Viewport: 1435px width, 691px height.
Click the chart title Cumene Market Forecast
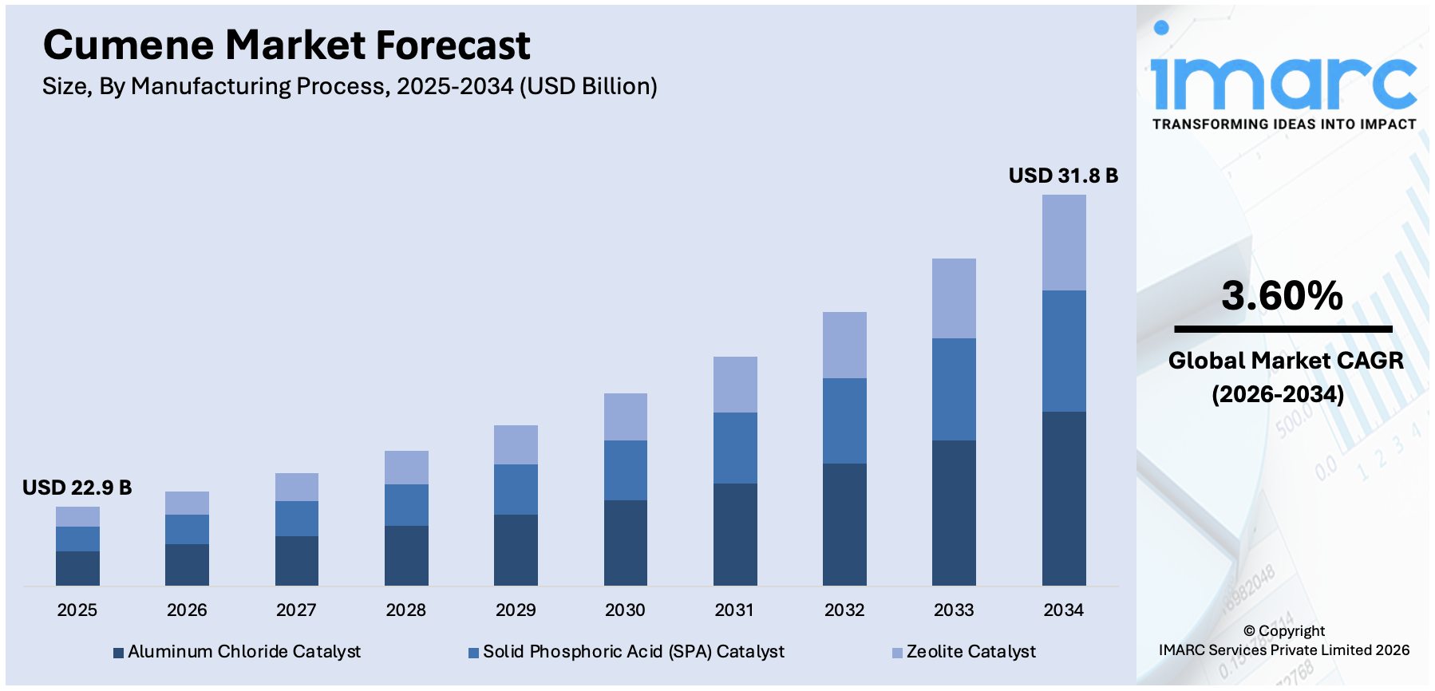(x=287, y=45)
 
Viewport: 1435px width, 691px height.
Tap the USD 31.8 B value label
(x=1063, y=176)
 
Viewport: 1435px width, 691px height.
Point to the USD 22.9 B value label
(x=77, y=488)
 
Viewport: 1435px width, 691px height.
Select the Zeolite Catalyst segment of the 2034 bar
(x=1064, y=243)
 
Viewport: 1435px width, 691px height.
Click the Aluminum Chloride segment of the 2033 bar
(x=954, y=512)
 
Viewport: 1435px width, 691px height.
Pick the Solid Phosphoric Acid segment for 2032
(x=844, y=421)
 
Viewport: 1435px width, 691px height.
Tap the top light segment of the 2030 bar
(x=625, y=417)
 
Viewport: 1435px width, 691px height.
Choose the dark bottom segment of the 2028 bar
(x=406, y=555)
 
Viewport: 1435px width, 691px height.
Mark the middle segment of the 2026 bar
(x=187, y=529)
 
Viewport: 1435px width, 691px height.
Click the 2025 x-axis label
(x=77, y=610)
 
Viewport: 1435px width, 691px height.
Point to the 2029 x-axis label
(x=516, y=610)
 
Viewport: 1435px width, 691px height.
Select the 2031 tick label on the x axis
(x=734, y=610)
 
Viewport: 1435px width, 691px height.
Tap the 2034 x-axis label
(x=1064, y=610)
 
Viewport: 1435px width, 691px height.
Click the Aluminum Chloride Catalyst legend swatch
(x=118, y=653)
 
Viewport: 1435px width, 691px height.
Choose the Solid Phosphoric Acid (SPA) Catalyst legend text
(x=634, y=652)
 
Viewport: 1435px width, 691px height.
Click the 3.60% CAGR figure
(x=1282, y=296)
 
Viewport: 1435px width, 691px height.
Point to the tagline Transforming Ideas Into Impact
(x=1284, y=124)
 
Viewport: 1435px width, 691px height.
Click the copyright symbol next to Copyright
(x=1249, y=631)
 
